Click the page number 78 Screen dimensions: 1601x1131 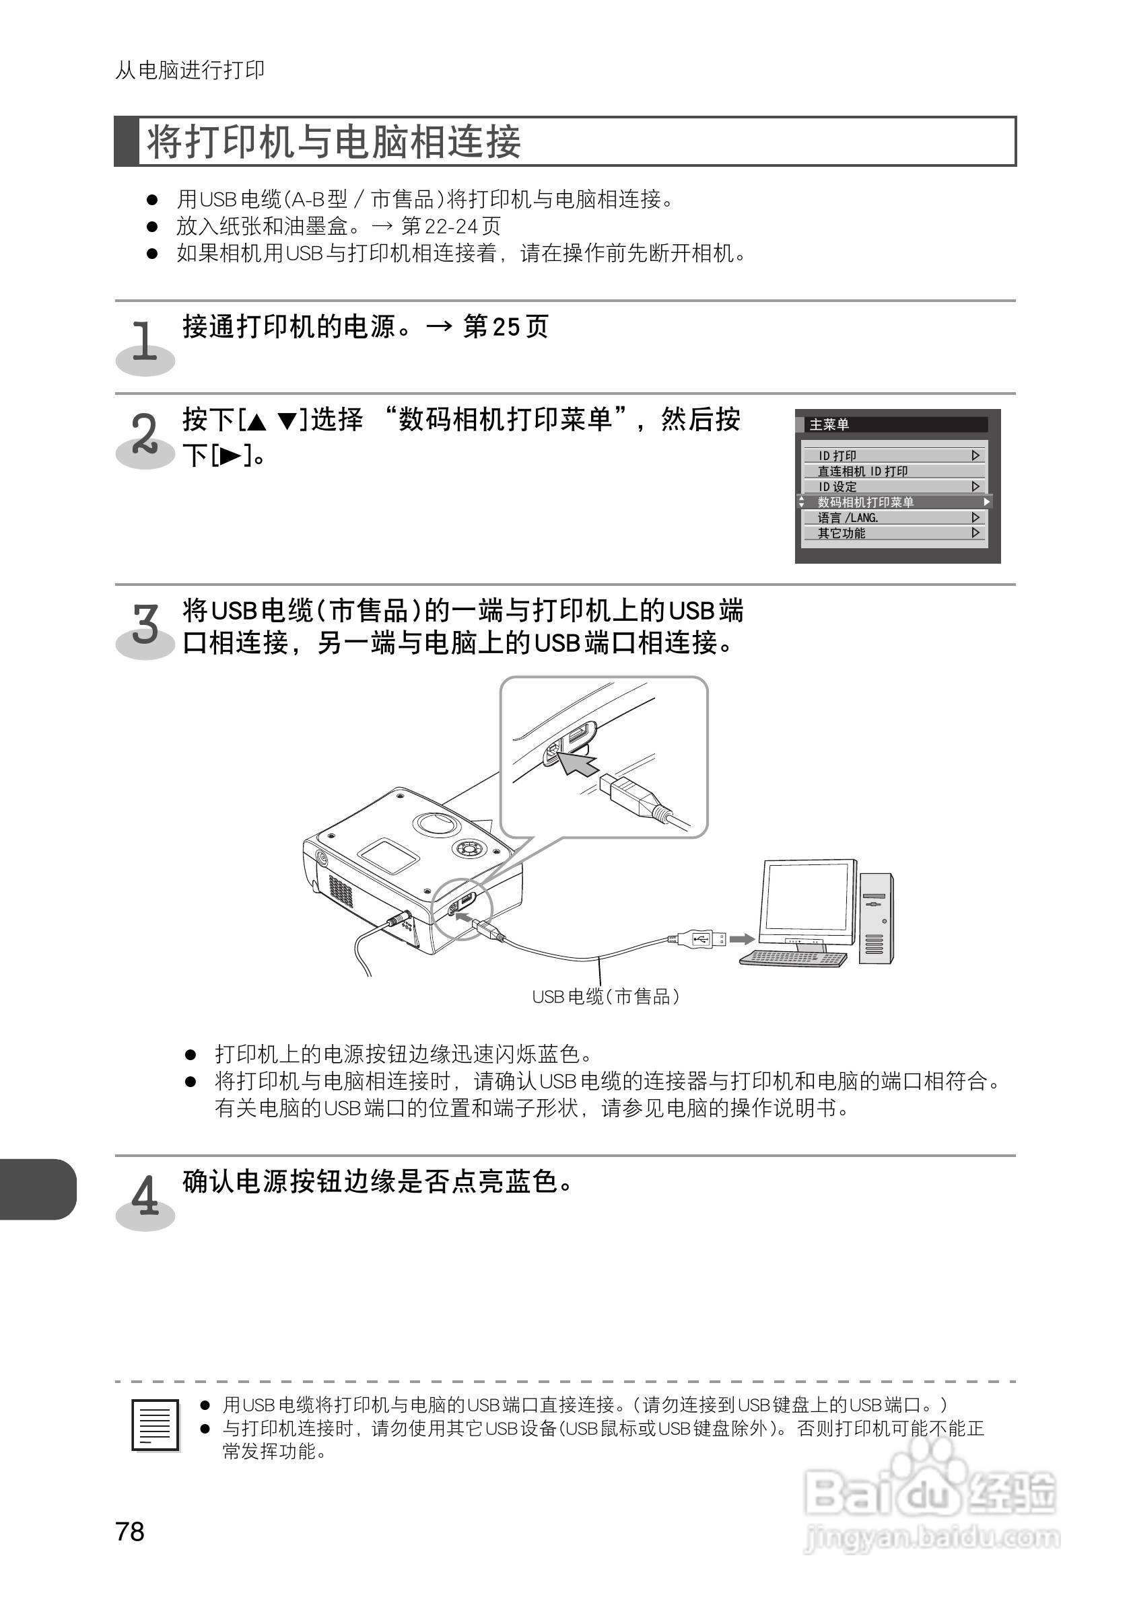[x=130, y=1531]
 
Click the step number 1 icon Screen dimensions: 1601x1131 [x=145, y=345]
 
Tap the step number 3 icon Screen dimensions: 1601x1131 [x=145, y=626]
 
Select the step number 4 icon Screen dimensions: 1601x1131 [x=145, y=1197]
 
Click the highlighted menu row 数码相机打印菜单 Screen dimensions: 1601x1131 [x=893, y=502]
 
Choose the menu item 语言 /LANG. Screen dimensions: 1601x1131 [x=893, y=517]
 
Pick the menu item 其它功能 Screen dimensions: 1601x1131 [x=893, y=533]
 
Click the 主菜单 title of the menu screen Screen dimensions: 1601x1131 [x=829, y=424]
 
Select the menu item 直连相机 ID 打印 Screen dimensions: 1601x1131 [x=893, y=472]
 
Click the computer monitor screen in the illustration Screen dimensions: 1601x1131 [x=809, y=896]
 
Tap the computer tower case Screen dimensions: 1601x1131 [x=876, y=919]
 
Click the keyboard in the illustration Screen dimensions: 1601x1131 [x=793, y=958]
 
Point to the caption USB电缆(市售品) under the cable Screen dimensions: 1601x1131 [x=606, y=997]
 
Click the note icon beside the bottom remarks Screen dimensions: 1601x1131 [x=155, y=1425]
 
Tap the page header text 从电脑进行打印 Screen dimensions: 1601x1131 [x=190, y=71]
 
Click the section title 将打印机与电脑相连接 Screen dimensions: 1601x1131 [x=333, y=141]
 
